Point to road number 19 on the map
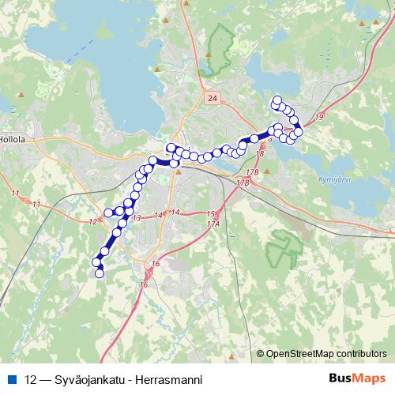coord(318,117)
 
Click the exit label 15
coord(209,214)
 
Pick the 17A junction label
coord(213,224)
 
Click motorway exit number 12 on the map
coord(94,221)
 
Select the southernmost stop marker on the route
coord(100,273)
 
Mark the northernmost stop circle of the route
coord(276,100)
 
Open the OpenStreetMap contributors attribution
coord(326,355)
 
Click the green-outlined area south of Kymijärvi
coord(283,249)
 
